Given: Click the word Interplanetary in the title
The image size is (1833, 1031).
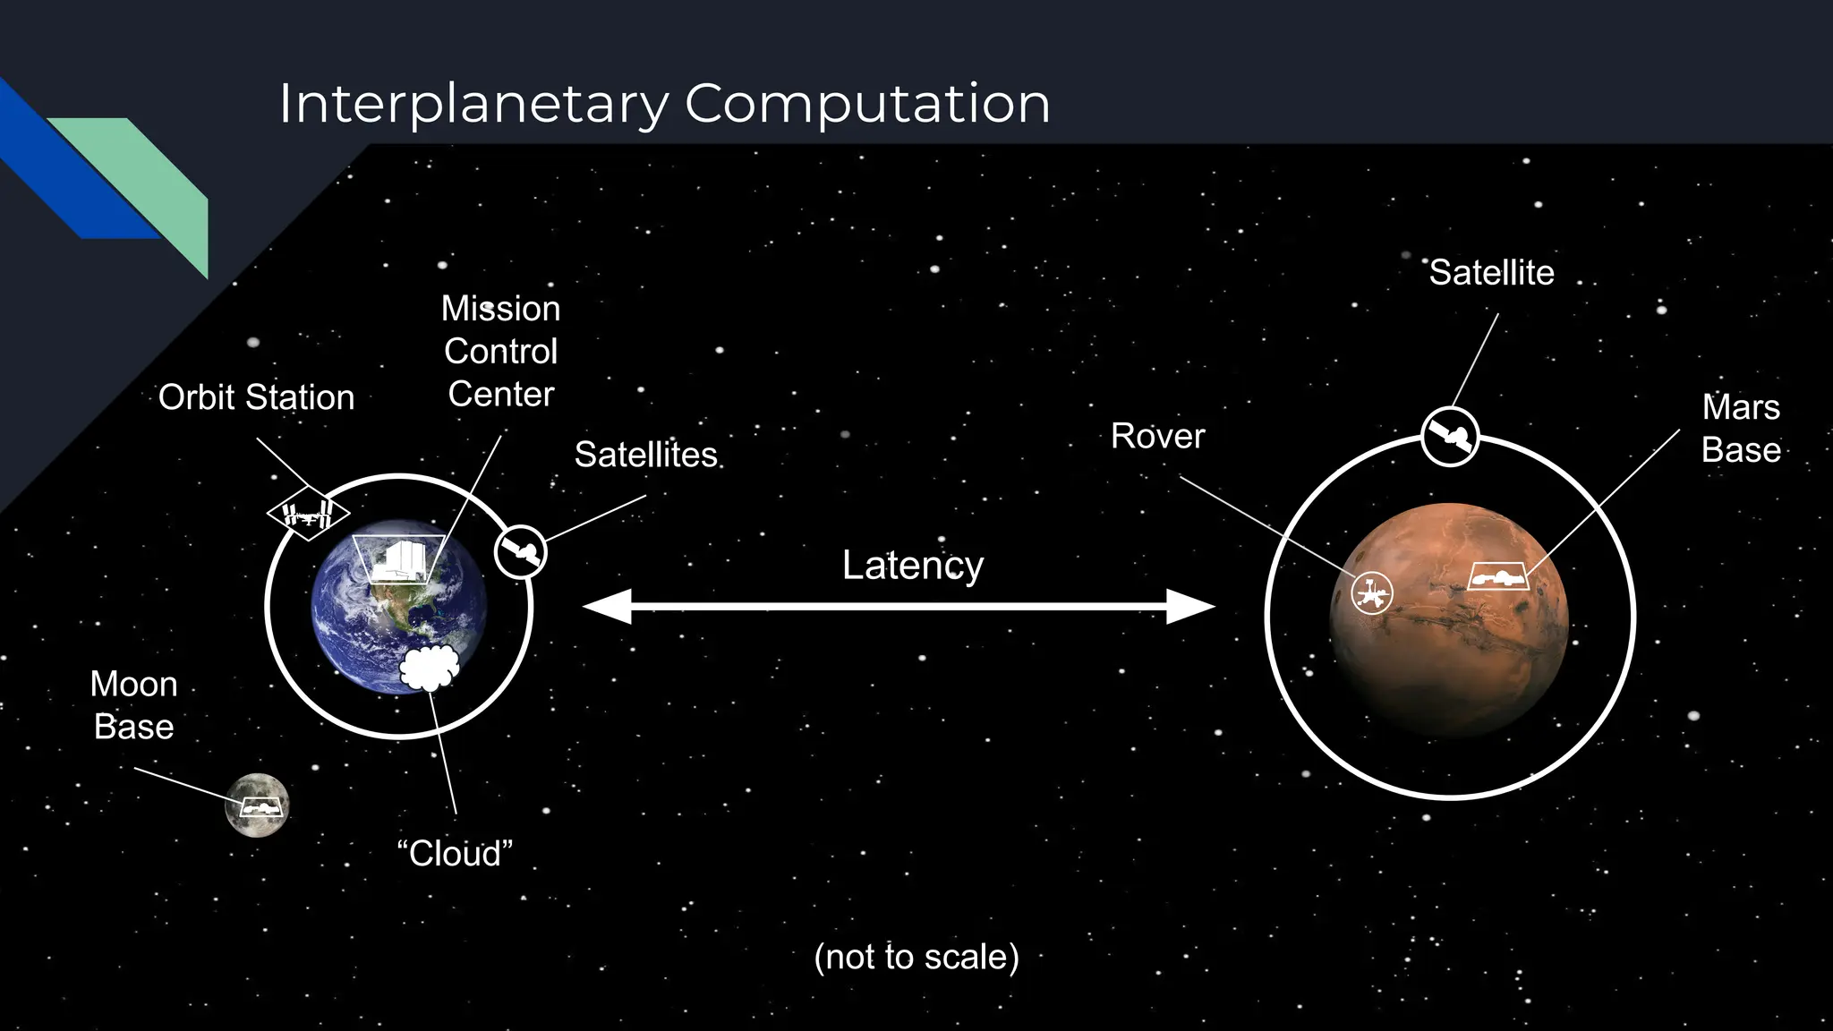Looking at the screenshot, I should (473, 104).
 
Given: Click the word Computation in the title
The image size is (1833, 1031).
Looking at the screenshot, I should (866, 104).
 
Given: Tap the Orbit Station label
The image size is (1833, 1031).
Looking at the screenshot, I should (257, 397).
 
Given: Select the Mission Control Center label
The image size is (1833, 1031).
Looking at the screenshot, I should (501, 352).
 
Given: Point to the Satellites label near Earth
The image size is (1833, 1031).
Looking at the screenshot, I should (645, 455).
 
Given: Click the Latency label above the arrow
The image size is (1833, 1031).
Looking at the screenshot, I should (912, 566).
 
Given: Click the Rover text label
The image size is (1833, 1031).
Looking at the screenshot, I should (1157, 437).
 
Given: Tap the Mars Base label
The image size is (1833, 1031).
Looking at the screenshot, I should (1740, 429).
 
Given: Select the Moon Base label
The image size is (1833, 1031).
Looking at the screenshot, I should (134, 705).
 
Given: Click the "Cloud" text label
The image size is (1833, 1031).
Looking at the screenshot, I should (455, 854).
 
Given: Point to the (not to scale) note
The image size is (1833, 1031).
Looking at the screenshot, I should (916, 957).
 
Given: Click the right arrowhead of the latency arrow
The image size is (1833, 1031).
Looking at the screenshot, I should (1191, 607).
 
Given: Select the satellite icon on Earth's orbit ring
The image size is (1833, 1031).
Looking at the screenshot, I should (520, 552).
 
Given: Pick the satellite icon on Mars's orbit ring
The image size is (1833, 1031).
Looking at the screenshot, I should (1449, 437).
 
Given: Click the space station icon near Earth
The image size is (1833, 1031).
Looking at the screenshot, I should (308, 514).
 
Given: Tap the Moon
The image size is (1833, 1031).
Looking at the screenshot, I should (257, 805).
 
